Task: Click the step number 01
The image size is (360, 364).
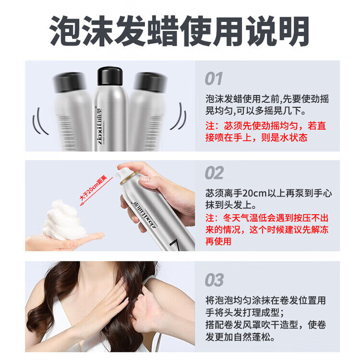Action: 213,79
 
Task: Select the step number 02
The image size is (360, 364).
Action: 214,173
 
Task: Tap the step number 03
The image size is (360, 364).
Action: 214,280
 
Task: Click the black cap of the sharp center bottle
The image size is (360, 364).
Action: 110,76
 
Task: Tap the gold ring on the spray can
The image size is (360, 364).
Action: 129,178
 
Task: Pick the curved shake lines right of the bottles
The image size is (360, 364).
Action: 179,117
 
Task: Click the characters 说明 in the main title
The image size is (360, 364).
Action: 277,31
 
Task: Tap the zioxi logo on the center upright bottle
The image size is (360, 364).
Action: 99,126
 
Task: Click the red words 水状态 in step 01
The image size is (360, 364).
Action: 294,138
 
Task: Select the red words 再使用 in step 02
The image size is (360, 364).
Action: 218,241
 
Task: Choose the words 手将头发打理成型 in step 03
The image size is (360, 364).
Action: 242,313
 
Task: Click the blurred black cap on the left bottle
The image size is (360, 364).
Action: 70,82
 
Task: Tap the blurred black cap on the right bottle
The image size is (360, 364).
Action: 151,82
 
